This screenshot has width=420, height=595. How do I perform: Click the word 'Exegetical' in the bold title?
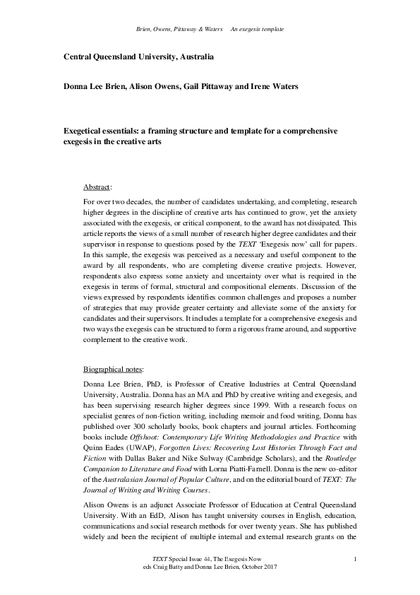point(88,131)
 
